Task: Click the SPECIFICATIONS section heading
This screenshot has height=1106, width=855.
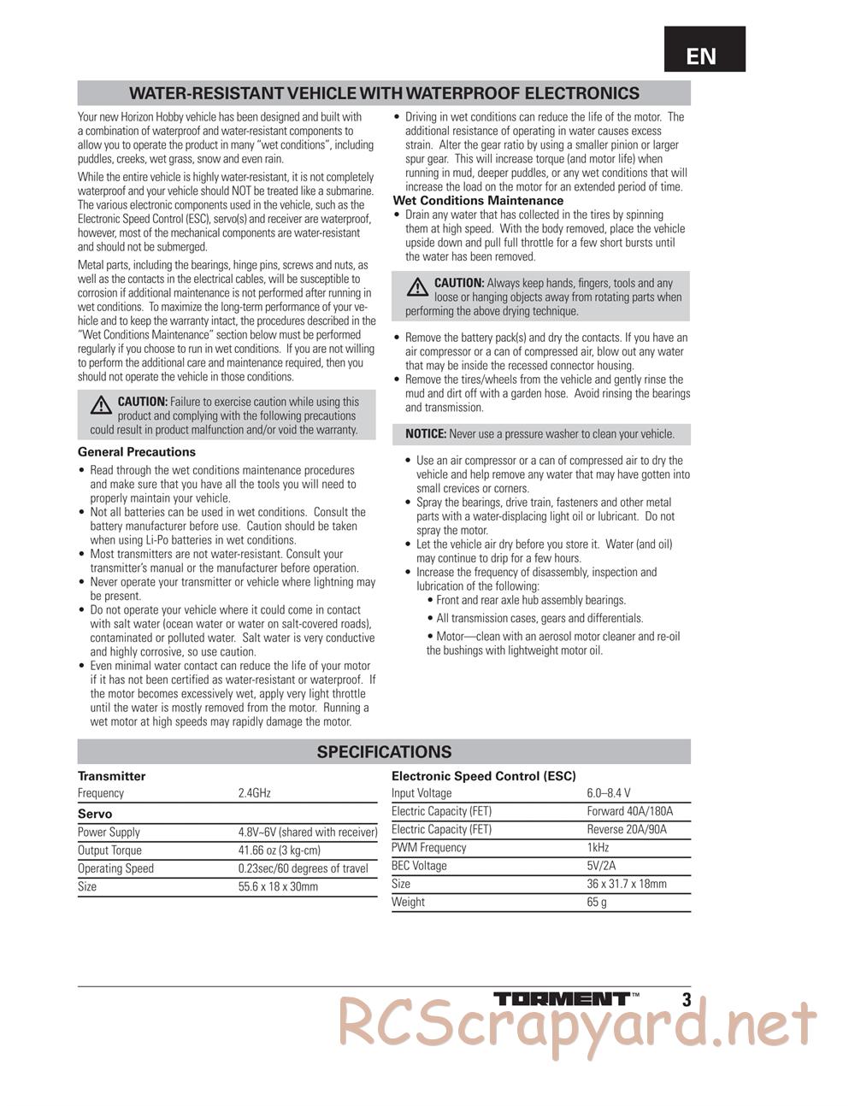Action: [384, 752]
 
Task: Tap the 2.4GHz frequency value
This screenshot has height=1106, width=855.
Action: [255, 793]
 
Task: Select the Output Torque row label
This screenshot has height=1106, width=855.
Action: [110, 850]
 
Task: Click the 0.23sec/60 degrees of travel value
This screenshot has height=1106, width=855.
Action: [304, 868]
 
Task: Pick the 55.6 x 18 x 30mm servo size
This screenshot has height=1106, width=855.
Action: [278, 886]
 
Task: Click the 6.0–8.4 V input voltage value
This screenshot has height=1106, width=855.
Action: [609, 793]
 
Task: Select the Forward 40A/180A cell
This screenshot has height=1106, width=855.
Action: [630, 811]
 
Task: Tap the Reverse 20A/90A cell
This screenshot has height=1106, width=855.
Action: [627, 829]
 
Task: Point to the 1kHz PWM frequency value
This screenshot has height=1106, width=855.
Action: [598, 847]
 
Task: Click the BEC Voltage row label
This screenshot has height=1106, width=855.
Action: [419, 866]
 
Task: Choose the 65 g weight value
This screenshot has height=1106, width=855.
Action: [597, 902]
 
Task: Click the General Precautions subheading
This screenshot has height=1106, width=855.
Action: [137, 452]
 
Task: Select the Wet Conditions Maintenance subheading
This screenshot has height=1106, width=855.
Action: [478, 201]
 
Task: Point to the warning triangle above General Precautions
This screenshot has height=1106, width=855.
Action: [102, 403]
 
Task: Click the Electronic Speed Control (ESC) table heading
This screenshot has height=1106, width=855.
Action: [484, 776]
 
